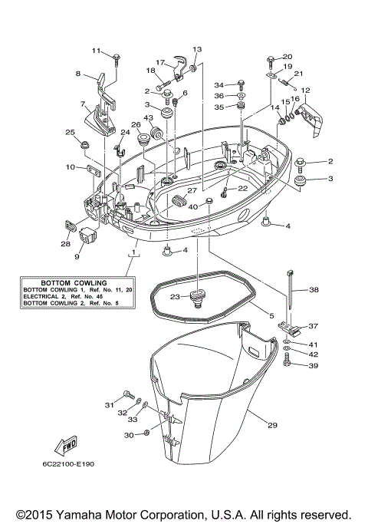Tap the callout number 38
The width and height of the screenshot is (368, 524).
click(313, 291)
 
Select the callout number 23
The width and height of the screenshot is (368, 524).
click(175, 297)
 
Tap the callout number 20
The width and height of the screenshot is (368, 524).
click(287, 57)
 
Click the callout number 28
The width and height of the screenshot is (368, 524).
click(65, 244)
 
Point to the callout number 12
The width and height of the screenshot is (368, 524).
click(305, 91)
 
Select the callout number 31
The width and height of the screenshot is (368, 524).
click(109, 404)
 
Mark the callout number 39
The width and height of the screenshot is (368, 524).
click(312, 366)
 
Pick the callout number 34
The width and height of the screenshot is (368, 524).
click(219, 84)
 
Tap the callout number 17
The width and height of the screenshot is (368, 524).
click(161, 63)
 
